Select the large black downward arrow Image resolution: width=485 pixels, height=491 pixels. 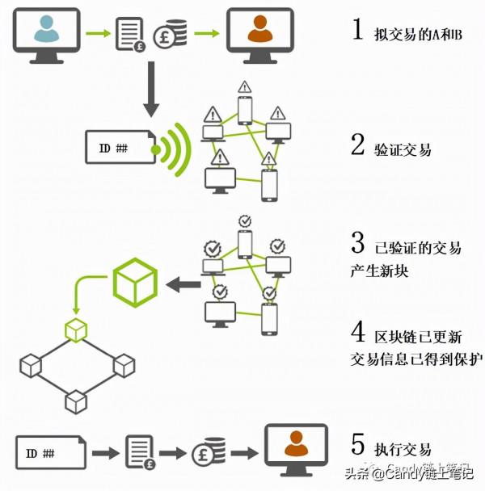[150, 90]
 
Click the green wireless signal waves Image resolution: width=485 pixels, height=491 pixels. [175, 149]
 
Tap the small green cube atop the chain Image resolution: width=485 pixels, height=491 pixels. [75, 329]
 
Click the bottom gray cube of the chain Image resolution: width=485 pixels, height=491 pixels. [75, 401]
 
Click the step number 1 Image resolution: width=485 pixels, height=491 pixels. [357, 31]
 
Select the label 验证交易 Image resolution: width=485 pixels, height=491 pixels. [403, 149]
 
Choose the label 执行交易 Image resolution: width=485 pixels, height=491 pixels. [403, 449]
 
